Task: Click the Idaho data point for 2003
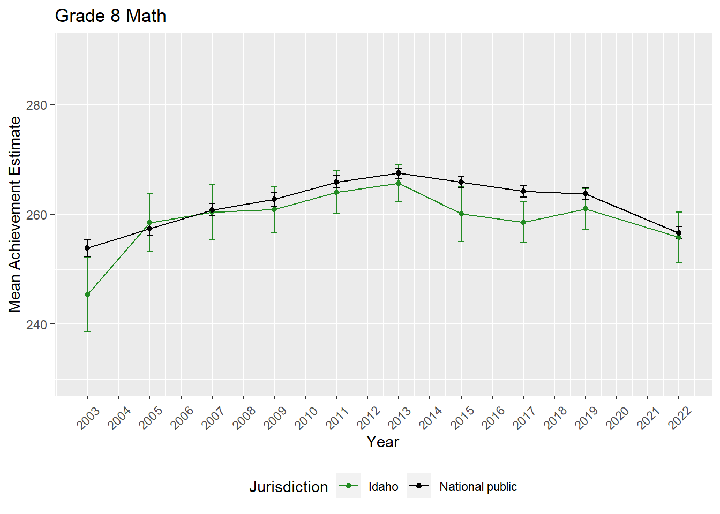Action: coord(87,294)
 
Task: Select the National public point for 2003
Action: coord(87,248)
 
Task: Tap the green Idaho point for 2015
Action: coord(461,214)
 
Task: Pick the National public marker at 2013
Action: coord(399,173)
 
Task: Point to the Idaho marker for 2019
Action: coord(586,209)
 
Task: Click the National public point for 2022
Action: coord(679,233)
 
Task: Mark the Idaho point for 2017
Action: coord(523,222)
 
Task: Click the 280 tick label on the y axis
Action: coord(36,105)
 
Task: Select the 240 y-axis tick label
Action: coord(36,324)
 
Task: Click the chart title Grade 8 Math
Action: coord(110,16)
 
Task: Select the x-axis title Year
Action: coord(382,442)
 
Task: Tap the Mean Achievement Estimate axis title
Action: coord(15,214)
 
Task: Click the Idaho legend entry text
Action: coord(383,487)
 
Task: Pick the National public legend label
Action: coord(478,487)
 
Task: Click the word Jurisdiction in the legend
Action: coord(288,487)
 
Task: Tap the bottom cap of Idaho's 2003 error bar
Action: coord(87,332)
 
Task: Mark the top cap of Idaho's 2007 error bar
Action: coord(212,185)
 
